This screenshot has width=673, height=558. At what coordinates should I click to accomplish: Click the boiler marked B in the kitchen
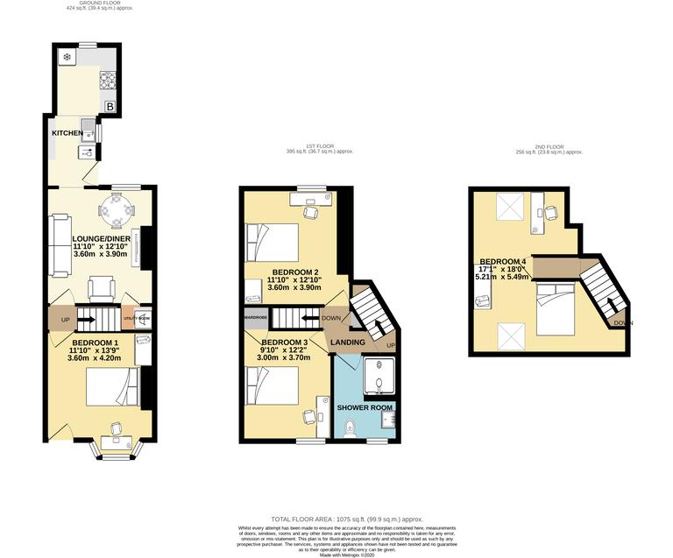coord(110,107)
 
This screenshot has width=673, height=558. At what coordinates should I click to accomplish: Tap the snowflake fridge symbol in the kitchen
coord(67,58)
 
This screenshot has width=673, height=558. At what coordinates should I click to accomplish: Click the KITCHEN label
coord(67,133)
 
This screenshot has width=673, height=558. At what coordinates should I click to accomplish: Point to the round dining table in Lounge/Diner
coord(116,209)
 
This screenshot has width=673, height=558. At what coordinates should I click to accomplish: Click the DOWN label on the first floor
coord(331,318)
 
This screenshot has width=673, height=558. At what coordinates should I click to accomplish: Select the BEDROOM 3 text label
coord(285,342)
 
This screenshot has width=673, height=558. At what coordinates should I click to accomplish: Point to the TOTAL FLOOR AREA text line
coord(336,520)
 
